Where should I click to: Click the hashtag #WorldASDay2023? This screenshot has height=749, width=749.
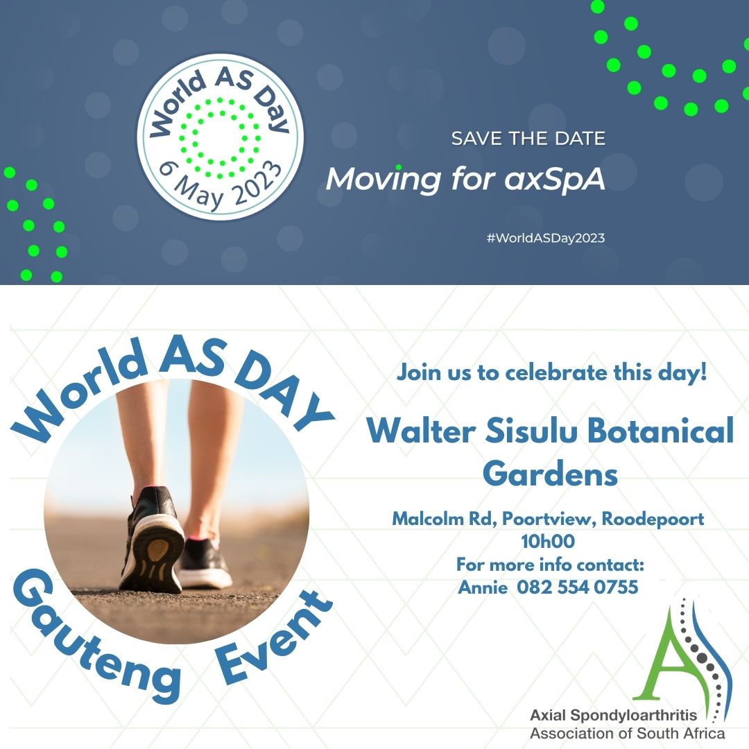(546, 238)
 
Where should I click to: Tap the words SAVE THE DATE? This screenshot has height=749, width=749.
(528, 139)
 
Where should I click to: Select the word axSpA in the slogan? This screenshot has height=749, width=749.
(555, 180)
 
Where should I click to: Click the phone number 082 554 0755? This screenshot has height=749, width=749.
(578, 587)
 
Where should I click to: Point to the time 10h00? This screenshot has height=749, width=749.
(548, 541)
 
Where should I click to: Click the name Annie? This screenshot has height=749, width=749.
(483, 587)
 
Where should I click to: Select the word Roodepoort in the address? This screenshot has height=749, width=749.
(653, 519)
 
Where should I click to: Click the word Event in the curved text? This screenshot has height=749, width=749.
(273, 638)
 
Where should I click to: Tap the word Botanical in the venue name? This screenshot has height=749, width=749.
(660, 430)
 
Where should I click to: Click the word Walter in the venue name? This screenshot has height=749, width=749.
(421, 430)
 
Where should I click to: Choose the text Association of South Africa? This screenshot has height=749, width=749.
(627, 733)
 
